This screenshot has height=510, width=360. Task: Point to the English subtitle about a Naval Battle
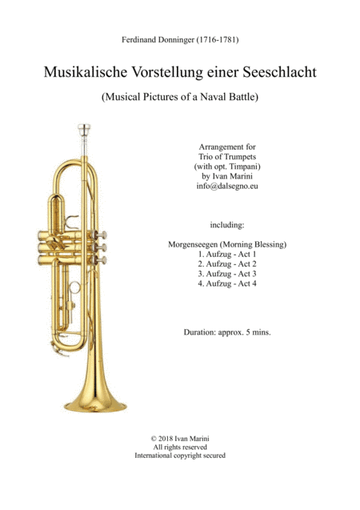[180, 101]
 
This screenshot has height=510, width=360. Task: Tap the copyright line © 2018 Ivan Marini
[180, 439]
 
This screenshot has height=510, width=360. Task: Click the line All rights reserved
[180, 448]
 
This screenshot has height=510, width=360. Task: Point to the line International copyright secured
[180, 456]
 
